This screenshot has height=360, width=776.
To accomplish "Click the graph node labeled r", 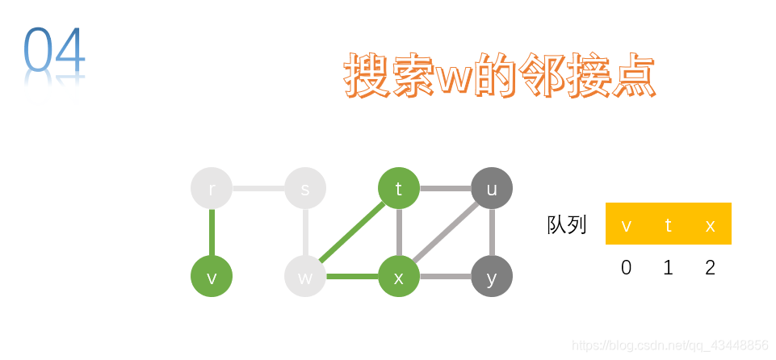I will click(x=212, y=188).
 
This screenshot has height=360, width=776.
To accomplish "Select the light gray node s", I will click(x=305, y=188).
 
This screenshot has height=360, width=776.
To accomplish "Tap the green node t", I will click(x=399, y=188).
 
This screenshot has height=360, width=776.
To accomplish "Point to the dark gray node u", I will click(x=492, y=188).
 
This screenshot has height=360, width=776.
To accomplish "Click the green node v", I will click(x=212, y=277).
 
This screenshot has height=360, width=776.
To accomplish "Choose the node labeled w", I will click(x=305, y=277).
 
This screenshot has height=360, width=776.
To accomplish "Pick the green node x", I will click(x=399, y=277).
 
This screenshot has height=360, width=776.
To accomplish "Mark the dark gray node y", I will click(x=492, y=277).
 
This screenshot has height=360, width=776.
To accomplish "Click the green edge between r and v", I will click(x=212, y=232).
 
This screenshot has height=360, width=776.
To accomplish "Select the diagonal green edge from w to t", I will click(x=352, y=232).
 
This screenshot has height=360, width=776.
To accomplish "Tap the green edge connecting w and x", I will click(x=352, y=277).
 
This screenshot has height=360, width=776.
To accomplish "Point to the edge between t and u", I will click(x=445, y=188).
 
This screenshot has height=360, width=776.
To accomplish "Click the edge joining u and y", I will click(x=492, y=232).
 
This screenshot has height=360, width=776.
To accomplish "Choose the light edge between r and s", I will click(x=258, y=188).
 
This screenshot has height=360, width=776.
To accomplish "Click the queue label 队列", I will click(x=567, y=224).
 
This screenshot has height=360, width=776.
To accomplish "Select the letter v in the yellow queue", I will click(x=627, y=225).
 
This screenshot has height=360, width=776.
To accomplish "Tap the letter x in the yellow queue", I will click(x=710, y=225).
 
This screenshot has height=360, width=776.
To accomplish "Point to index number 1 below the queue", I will click(x=668, y=267).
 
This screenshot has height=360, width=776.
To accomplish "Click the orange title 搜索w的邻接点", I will click(x=499, y=77).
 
